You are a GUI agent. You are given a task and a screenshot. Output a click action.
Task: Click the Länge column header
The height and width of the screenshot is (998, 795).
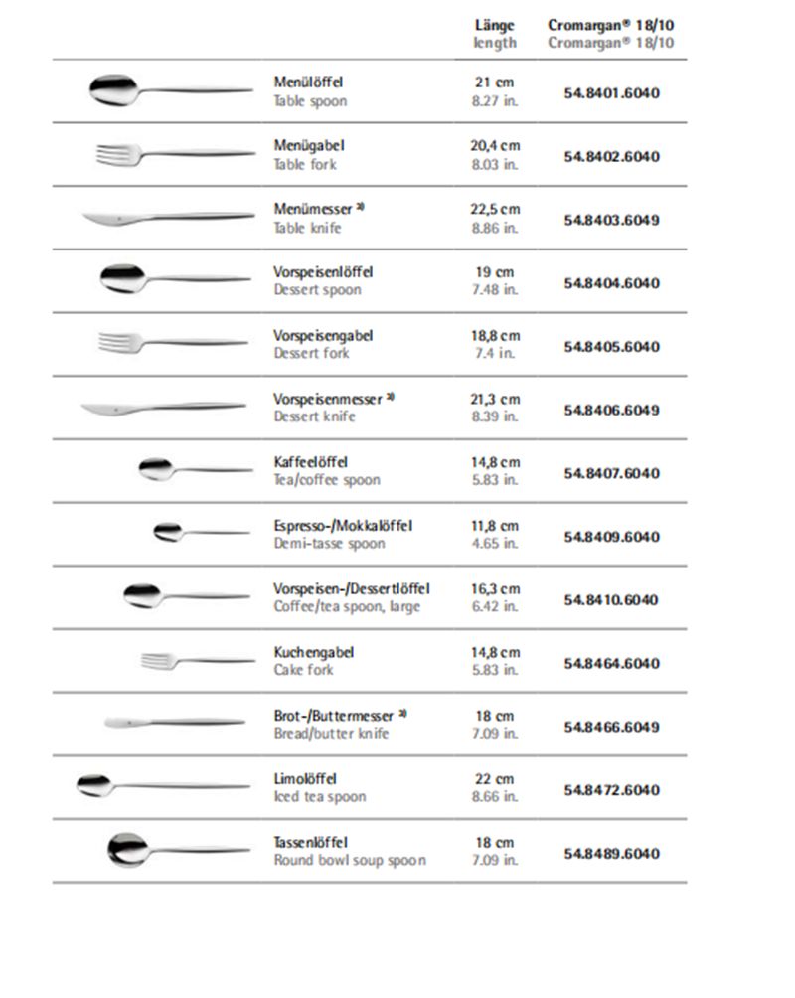(x=495, y=25)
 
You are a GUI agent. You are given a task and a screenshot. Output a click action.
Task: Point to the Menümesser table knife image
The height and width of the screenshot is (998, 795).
(x=164, y=218)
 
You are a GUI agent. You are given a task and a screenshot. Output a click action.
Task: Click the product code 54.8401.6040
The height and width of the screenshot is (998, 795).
(x=611, y=93)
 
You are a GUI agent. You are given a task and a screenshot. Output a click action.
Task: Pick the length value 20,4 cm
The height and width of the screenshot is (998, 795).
(x=495, y=146)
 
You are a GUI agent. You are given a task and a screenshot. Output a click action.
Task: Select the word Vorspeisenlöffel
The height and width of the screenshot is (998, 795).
(x=324, y=272)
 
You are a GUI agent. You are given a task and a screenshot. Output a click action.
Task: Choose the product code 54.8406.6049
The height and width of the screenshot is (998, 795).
(x=611, y=410)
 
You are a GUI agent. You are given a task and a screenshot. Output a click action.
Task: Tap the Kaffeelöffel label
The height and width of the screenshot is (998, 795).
(x=311, y=462)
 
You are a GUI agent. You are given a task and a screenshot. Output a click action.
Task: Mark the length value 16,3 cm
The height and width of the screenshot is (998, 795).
(x=495, y=588)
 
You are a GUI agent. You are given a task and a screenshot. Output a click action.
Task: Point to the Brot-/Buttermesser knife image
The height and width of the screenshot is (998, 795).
(x=175, y=722)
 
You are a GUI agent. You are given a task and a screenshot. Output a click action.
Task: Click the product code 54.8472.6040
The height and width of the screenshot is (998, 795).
(x=611, y=790)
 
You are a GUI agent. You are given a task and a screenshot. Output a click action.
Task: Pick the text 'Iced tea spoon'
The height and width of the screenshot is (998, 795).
(x=320, y=797)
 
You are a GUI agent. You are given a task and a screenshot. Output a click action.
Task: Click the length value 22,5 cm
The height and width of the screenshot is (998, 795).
(x=495, y=210)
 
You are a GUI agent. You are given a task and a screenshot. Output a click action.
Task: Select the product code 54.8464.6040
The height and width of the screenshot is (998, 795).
(x=611, y=663)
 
